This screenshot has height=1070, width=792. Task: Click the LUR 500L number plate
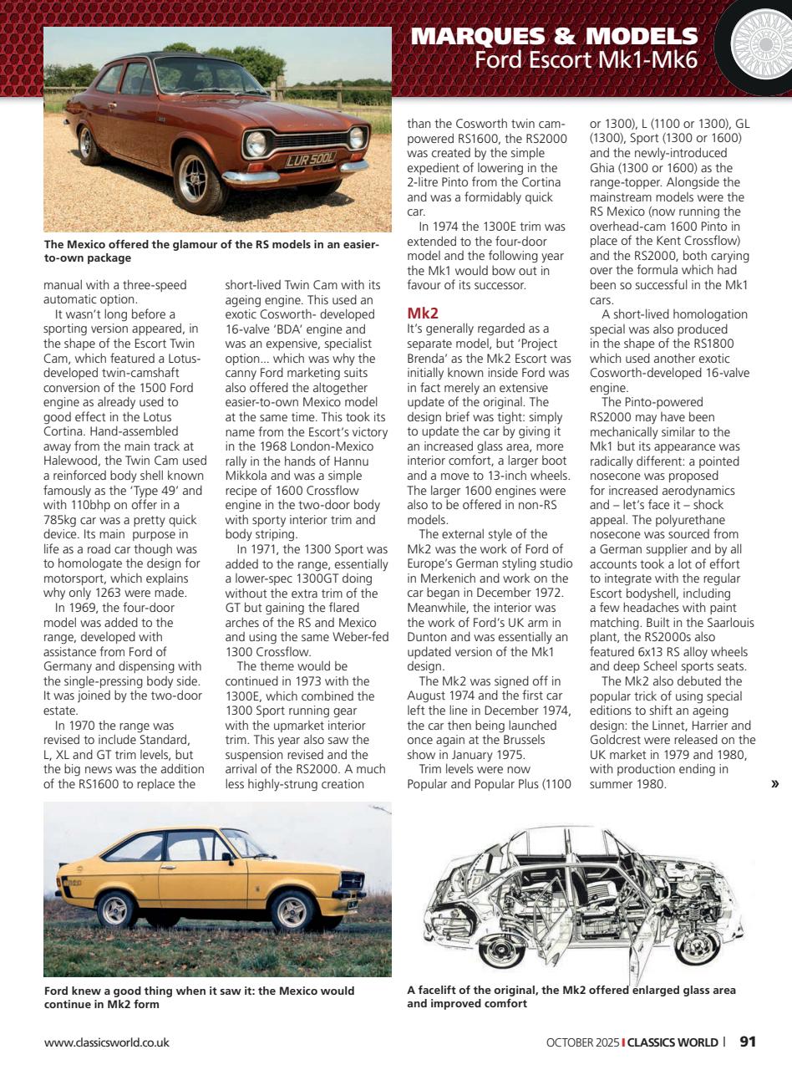[311, 157]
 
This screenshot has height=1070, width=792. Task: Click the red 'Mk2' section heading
[423, 313]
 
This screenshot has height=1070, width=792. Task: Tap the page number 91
[748, 1042]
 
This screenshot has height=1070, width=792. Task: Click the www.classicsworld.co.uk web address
[107, 1042]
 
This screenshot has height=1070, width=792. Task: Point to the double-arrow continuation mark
[774, 783]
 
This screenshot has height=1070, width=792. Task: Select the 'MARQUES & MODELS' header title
[555, 36]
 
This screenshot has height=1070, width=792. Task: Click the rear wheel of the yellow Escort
[117, 909]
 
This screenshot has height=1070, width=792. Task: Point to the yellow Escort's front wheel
[292, 910]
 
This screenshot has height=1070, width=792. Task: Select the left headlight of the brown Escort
[256, 144]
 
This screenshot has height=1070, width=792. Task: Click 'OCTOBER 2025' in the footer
[583, 1042]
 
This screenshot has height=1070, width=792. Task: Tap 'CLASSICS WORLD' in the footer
[673, 1042]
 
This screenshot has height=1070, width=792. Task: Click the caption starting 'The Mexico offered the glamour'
[211, 251]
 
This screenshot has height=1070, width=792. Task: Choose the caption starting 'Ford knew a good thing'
[199, 997]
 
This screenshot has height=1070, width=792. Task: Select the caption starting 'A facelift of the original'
[571, 996]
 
